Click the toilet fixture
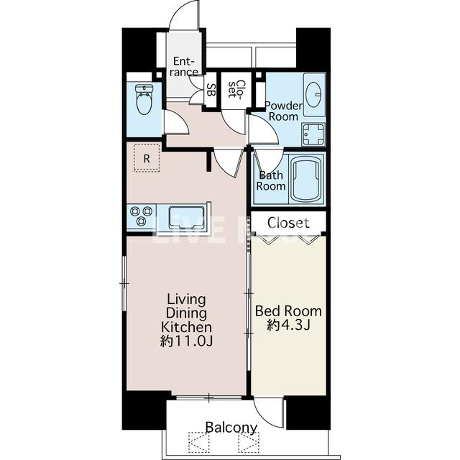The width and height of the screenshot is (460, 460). pos(144,99)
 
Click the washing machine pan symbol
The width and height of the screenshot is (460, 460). pos(313,134)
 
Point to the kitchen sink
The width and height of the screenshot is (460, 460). pos(186,217)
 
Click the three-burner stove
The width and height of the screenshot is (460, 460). pos(142,216)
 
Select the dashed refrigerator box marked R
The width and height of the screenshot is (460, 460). pos(147,158)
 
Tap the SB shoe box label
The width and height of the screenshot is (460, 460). pos(211,90)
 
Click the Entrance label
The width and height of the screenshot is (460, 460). pos(183,67)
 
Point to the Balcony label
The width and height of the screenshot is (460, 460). pos(231,428)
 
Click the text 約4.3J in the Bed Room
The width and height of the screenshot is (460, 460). pos(288,325)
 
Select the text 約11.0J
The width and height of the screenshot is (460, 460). pos(186,341)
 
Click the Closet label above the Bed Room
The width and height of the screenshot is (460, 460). pos(288,223)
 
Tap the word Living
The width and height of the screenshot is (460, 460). pos(186,300)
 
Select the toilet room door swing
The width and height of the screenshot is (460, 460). pos(176,122)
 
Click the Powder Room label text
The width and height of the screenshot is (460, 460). pos(283,111)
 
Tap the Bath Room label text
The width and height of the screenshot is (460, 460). pos(271,180)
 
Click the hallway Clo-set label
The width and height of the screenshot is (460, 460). pos(235,88)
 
